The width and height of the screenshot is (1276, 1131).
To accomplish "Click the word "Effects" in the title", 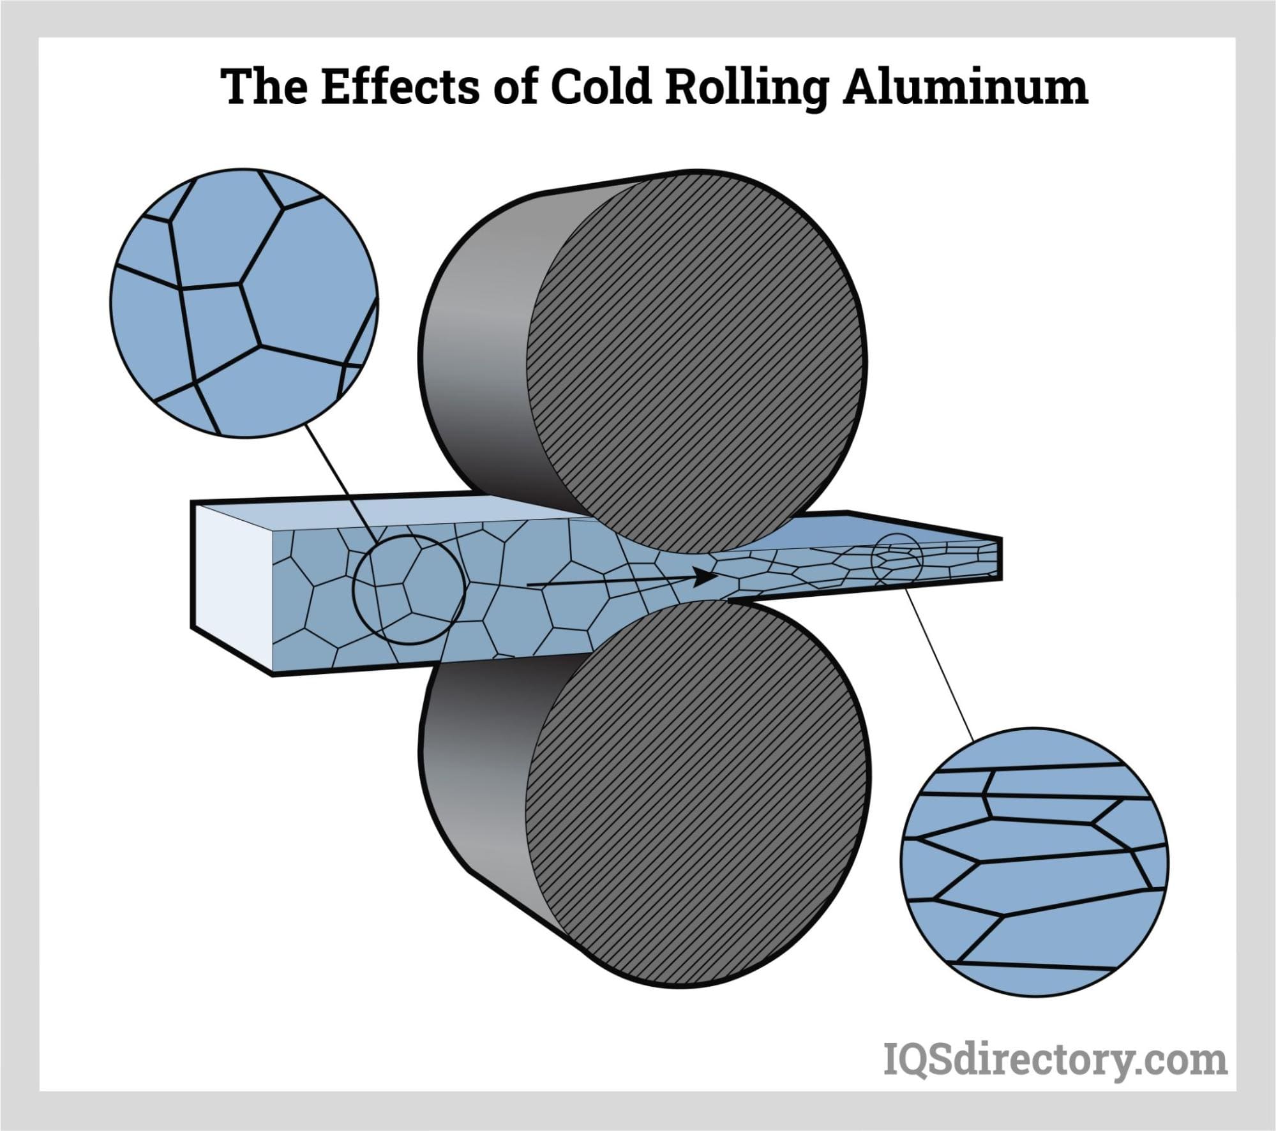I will coord(400,87).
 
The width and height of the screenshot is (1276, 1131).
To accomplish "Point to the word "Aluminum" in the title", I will coord(965,87).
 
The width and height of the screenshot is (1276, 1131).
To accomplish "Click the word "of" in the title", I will coord(515,87).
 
